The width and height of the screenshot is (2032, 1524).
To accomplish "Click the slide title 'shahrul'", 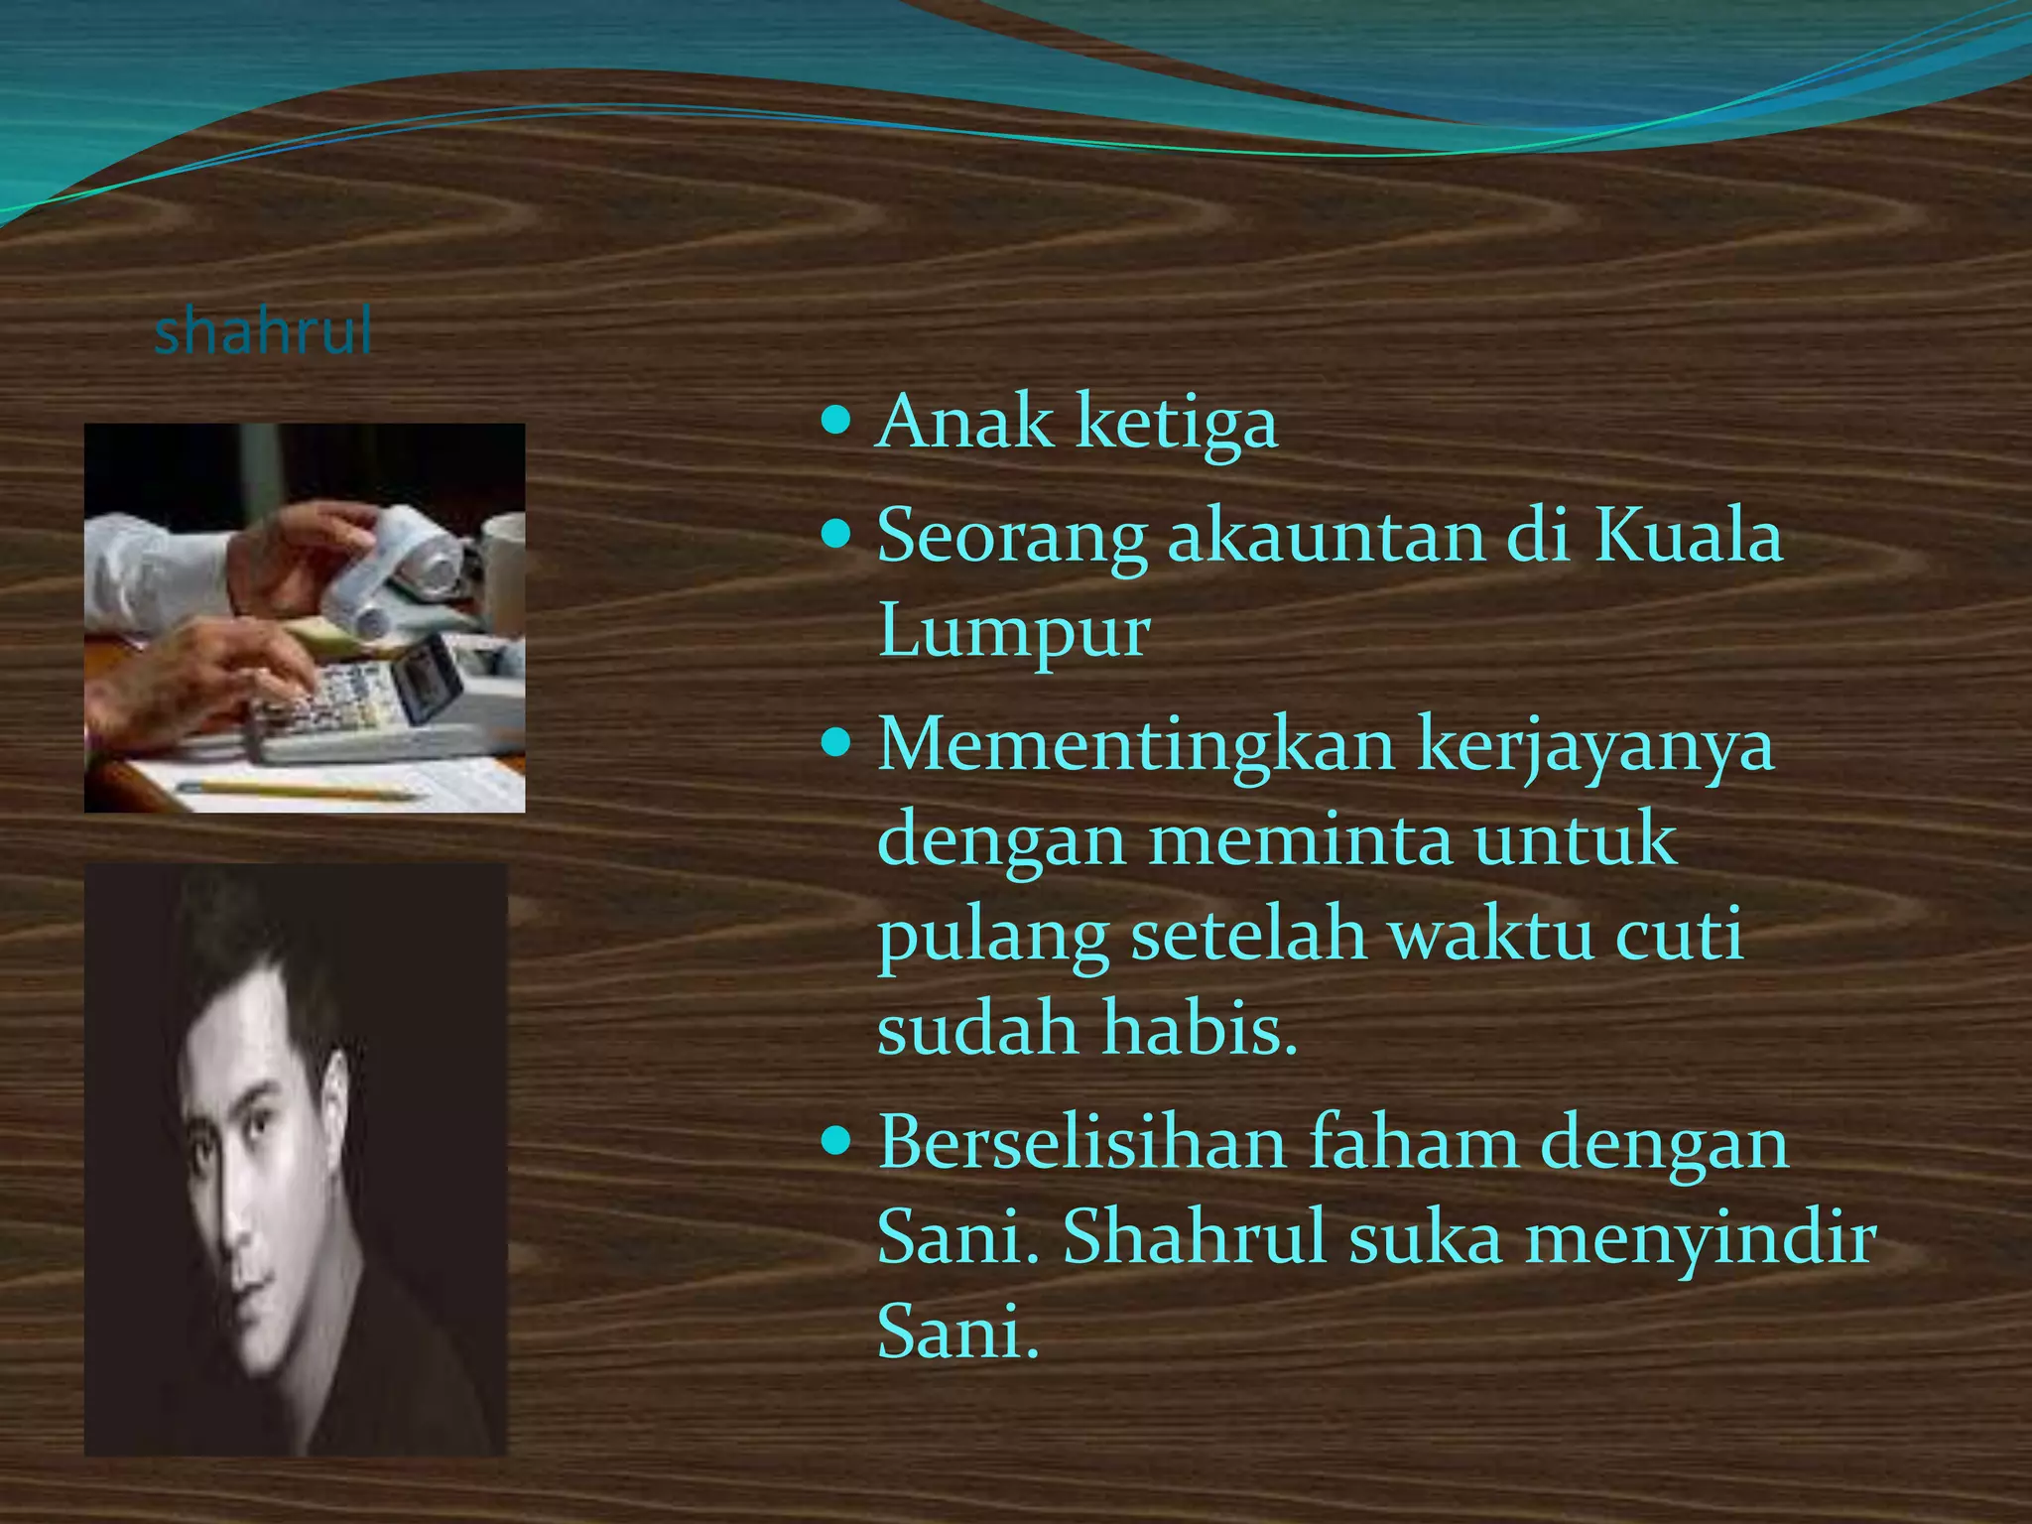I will tap(263, 331).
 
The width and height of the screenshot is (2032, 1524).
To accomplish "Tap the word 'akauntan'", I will tap(1327, 537).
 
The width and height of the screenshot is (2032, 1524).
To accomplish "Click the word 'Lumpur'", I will tap(1013, 633).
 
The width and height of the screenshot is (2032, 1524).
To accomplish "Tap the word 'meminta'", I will tap(1299, 839).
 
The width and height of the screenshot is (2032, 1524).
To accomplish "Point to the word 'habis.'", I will tap(1200, 1029).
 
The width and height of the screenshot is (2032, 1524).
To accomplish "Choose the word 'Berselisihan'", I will tap(1081, 1143).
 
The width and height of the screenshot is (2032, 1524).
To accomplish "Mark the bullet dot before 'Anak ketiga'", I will tap(837, 422).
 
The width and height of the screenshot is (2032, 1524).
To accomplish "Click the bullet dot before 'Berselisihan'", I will tap(837, 1142).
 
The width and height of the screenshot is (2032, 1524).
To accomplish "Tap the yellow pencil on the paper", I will tap(298, 790).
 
